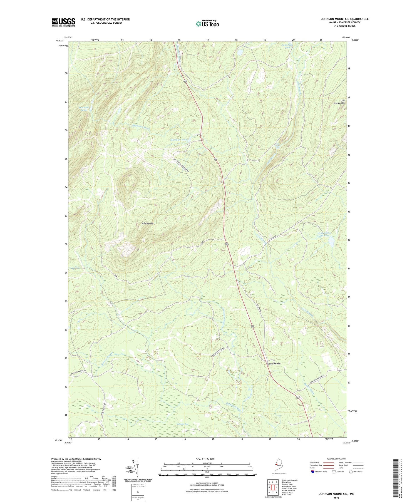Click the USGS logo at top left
click(63, 22)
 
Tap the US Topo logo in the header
click(207, 24)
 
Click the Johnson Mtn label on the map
click(148, 223)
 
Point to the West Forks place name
click(273, 363)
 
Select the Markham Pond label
click(178, 140)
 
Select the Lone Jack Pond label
click(285, 46)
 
